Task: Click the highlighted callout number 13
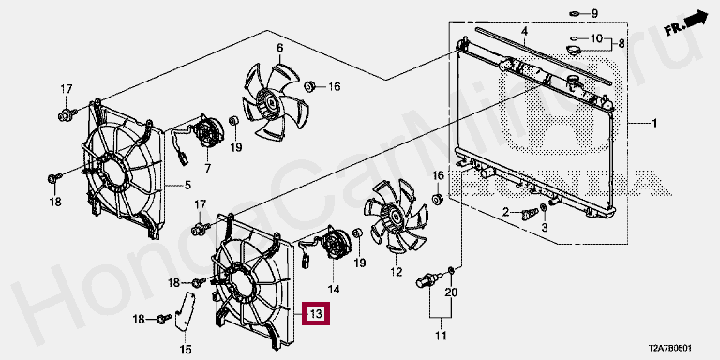315,314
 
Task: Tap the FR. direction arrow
687,23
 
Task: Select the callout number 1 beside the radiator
654,124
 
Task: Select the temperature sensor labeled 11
427,279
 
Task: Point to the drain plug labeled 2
531,214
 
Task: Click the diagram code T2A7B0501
670,349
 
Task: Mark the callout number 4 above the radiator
524,32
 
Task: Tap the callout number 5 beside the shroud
187,186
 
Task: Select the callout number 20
451,292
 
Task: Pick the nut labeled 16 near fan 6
310,86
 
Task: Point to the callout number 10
595,38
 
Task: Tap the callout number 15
186,350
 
